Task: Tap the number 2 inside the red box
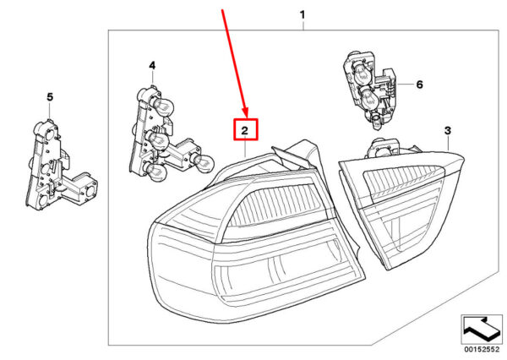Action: (243, 130)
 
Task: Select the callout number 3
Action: (448, 130)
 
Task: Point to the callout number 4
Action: (152, 65)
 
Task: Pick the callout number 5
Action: (49, 98)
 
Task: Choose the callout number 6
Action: (419, 85)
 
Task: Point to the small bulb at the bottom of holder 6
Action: (377, 124)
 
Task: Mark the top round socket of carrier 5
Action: (47, 131)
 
